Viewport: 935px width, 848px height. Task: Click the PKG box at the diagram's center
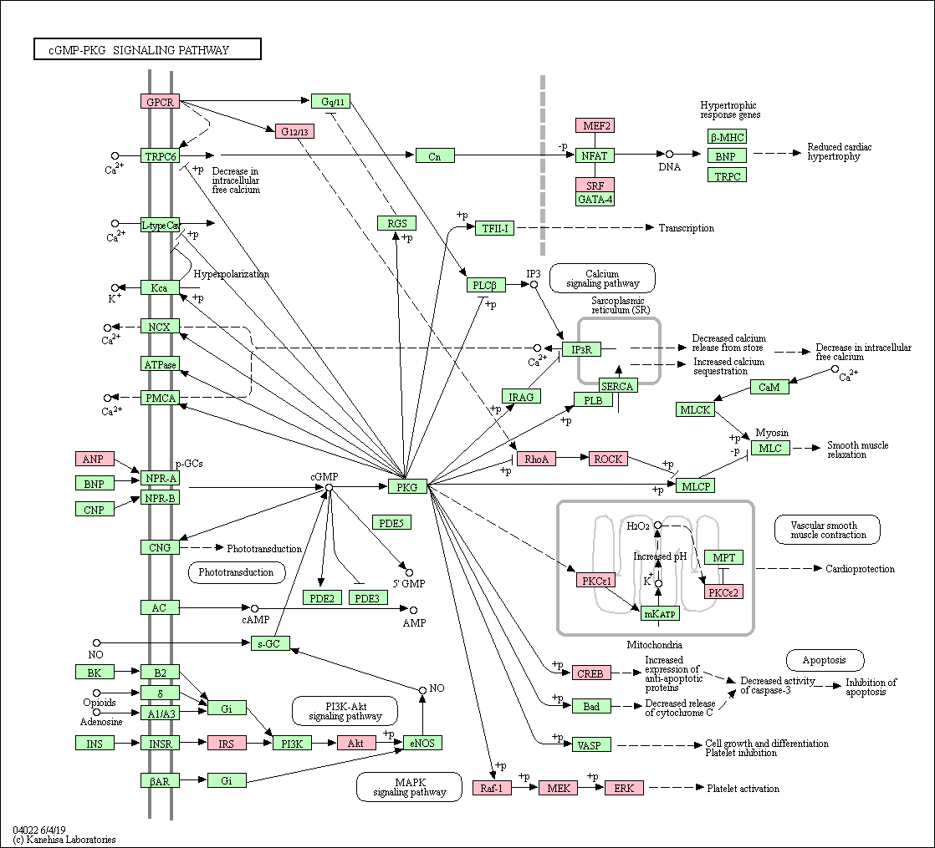[x=407, y=486]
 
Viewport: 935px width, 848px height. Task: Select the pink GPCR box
[x=160, y=102]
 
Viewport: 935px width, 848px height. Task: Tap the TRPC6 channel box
[x=160, y=156]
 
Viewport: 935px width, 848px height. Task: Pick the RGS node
[x=396, y=223]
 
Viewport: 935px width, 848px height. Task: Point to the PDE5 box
[x=391, y=523]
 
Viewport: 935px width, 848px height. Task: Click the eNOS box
[x=422, y=743]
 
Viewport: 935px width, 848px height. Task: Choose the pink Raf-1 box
[x=492, y=788]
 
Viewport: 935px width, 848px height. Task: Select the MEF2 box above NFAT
[x=595, y=125]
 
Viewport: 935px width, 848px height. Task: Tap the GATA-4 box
[x=595, y=200]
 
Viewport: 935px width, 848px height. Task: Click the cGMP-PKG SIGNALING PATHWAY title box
[x=147, y=49]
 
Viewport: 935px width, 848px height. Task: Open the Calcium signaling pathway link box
[x=602, y=279]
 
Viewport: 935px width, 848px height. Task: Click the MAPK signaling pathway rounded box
[x=410, y=787]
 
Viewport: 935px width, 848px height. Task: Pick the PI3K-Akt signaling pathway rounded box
[x=345, y=711]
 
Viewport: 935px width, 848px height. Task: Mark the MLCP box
[x=695, y=486]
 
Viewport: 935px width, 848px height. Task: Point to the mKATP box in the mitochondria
[x=660, y=613]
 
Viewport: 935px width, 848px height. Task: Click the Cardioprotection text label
[x=860, y=569]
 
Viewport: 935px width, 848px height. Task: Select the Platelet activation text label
[x=743, y=789]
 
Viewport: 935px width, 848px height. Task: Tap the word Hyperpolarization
[x=232, y=274]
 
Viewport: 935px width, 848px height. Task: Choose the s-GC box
[x=269, y=643]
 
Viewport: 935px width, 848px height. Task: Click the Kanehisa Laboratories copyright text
[x=64, y=840]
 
